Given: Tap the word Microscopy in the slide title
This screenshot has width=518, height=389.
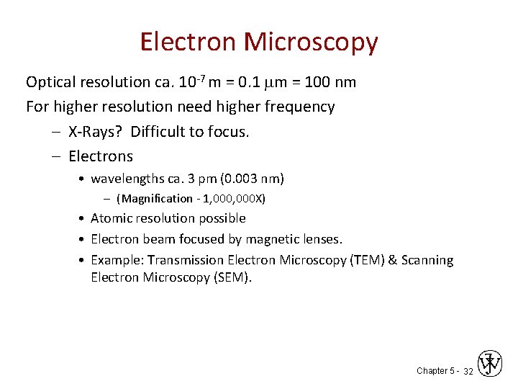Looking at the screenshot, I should click(311, 43).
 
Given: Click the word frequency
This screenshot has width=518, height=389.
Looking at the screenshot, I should click(301, 107).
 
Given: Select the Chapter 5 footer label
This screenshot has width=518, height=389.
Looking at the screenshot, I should click(435, 370).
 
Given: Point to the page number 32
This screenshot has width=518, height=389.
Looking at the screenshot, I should click(468, 371).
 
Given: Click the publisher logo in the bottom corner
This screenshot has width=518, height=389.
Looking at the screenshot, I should click(491, 364).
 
